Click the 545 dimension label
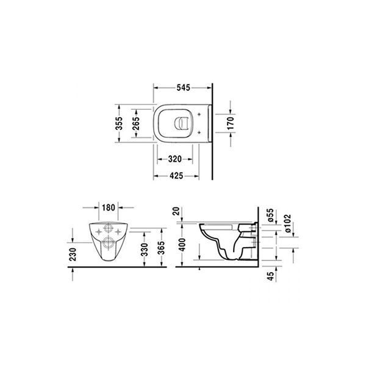coord(182,87)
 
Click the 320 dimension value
coord(175,159)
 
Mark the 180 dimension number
coord(109,207)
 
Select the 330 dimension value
coord(144,249)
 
